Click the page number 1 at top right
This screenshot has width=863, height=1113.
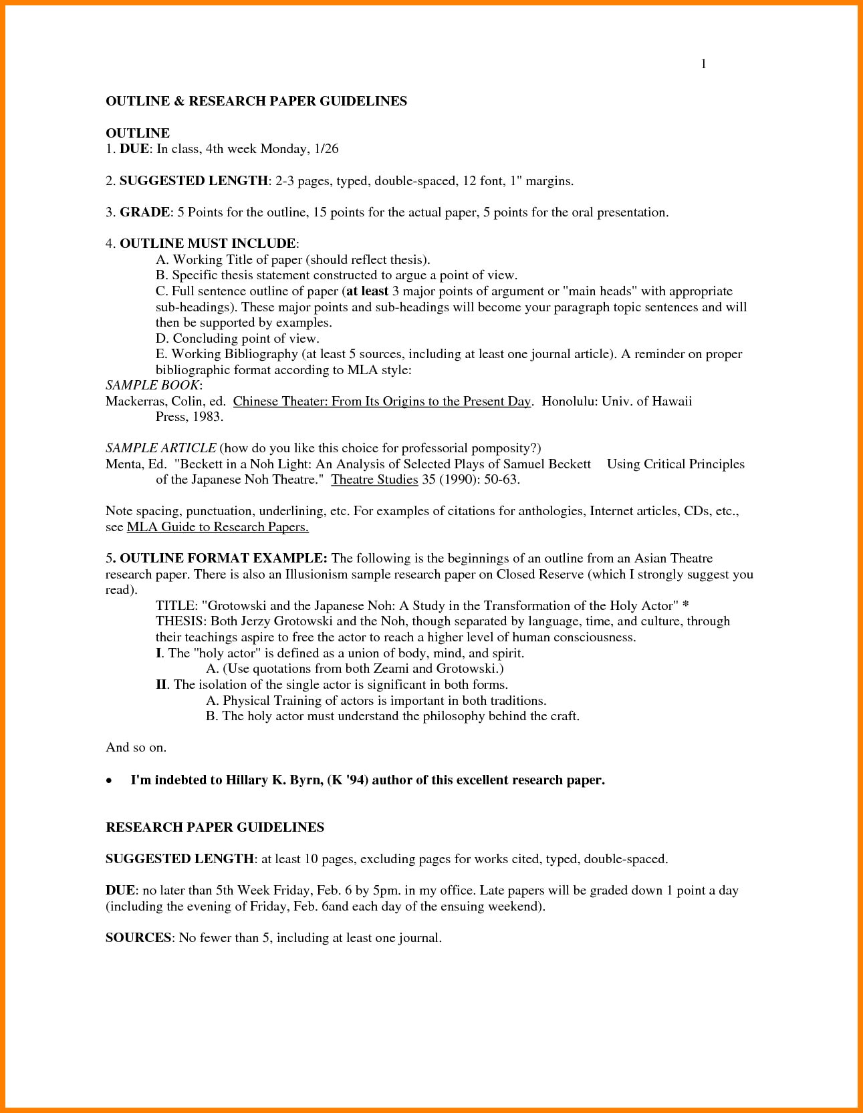click(703, 64)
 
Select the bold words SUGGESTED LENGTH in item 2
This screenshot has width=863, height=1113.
click(193, 180)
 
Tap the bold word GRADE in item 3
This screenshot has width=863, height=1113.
click(144, 212)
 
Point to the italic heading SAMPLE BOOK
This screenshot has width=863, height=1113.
click(152, 385)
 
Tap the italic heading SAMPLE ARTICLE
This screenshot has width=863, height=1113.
click(160, 448)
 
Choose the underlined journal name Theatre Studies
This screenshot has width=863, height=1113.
click(374, 480)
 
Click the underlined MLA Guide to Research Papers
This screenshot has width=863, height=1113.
click(217, 527)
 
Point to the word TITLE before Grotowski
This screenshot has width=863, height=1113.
click(175, 606)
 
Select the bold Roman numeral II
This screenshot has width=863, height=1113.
click(161, 685)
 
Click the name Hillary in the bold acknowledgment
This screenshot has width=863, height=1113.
click(249, 780)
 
